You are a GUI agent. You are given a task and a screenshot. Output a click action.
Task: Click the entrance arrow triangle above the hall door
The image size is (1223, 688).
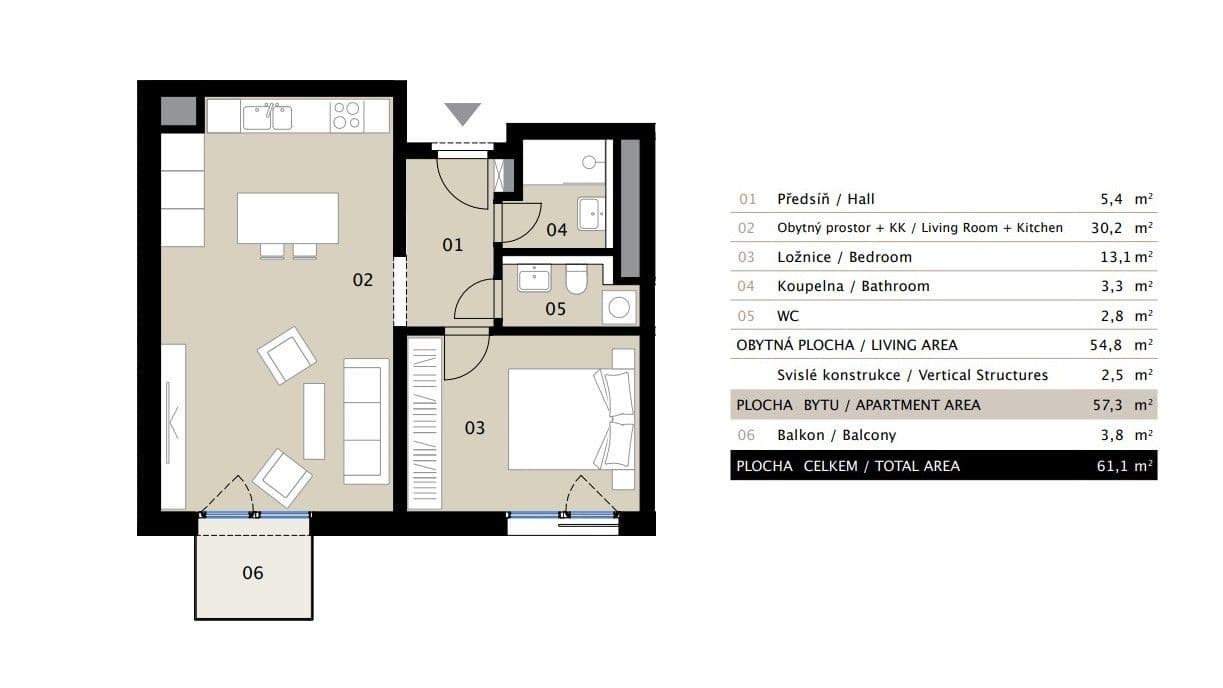[x=462, y=113]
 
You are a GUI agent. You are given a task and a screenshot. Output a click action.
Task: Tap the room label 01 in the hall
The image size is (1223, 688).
[x=453, y=244]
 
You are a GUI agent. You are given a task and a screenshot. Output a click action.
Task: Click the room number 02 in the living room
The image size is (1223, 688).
[x=362, y=280]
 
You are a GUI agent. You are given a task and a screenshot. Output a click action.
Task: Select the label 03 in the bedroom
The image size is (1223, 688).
[x=474, y=428]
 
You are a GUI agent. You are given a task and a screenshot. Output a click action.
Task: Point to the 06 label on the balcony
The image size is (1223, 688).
[x=253, y=573]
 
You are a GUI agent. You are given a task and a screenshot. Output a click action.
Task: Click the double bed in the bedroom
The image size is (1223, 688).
[x=571, y=419]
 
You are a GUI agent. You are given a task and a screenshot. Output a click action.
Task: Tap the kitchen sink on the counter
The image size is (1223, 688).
[x=268, y=116]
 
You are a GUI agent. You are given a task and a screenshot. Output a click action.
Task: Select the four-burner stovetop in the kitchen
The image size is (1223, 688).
[x=346, y=116]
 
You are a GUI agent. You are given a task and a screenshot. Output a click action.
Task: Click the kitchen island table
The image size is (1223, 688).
[x=288, y=218]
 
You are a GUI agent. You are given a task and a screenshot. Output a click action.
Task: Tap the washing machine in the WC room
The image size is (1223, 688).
[x=620, y=307]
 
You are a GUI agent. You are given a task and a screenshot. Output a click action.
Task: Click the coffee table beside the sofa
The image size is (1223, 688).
[x=314, y=420]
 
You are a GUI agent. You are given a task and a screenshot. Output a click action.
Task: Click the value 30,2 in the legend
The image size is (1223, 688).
[x=1105, y=228]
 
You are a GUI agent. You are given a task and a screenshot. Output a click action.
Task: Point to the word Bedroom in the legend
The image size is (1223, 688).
[x=883, y=257]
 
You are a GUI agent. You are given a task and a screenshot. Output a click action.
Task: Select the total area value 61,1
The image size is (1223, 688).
[x=1105, y=466]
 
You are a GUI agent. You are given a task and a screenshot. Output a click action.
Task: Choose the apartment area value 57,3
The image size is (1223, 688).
[x=1105, y=405]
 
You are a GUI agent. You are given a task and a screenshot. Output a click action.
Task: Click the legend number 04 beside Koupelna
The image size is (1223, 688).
[x=747, y=286]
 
